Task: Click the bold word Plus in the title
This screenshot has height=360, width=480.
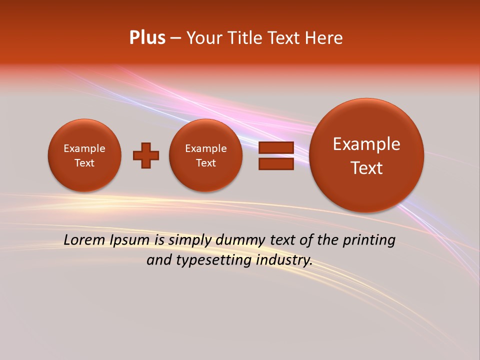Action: coord(147,38)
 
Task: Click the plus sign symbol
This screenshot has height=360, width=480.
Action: coord(146,155)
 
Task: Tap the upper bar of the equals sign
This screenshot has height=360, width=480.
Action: coord(276,148)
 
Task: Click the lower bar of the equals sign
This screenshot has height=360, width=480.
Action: coord(276,163)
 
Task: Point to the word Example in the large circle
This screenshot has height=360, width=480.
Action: coord(366,144)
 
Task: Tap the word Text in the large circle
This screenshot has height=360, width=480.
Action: coord(366,168)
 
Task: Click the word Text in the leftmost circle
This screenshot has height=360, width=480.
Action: coord(84,163)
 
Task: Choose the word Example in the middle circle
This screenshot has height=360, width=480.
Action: coord(206,148)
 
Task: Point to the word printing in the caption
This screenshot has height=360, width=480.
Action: coord(370,240)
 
